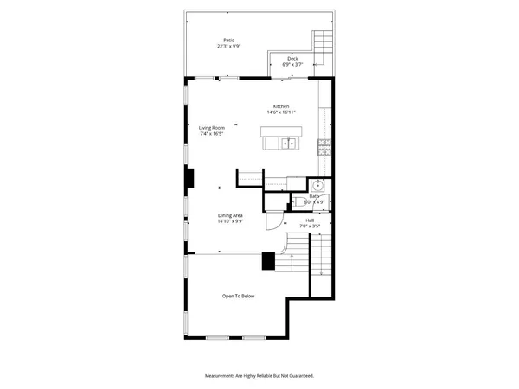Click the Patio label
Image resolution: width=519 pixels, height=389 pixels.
pos(228,40)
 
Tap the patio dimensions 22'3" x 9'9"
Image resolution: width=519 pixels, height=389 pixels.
pos(228,46)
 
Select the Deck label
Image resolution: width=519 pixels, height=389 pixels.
pos(293,58)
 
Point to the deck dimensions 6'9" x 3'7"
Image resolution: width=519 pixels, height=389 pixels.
pos(293,64)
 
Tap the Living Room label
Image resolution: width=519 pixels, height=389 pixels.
pos(212,128)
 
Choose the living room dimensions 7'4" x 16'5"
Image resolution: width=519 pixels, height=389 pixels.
pos(212,134)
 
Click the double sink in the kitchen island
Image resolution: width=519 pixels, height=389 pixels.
pos(288,143)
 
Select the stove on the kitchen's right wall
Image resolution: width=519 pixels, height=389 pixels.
pos(324,147)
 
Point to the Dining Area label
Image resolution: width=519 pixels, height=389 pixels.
pos(230,215)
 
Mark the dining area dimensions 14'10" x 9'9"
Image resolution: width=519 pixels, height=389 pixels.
pos(230,221)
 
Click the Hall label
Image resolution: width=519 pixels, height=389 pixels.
pos(310,220)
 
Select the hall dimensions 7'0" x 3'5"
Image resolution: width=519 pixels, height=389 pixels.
pos(310,226)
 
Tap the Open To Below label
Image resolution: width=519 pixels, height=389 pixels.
pos(239,297)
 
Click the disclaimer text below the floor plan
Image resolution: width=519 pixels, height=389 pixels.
pos(259,376)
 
